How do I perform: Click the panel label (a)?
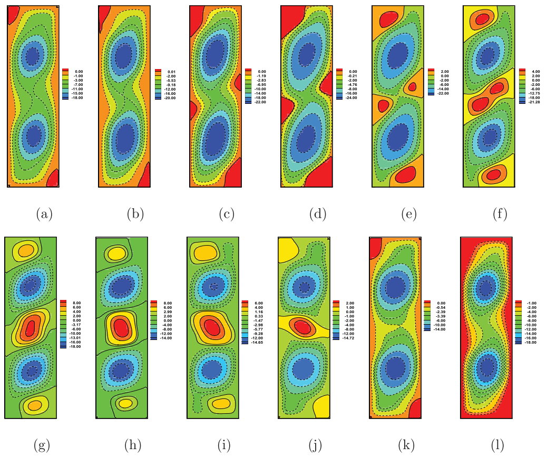(x=44, y=214)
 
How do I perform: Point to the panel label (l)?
(x=497, y=446)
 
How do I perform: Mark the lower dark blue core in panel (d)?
(x=305, y=140)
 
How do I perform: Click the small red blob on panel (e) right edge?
(x=412, y=87)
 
